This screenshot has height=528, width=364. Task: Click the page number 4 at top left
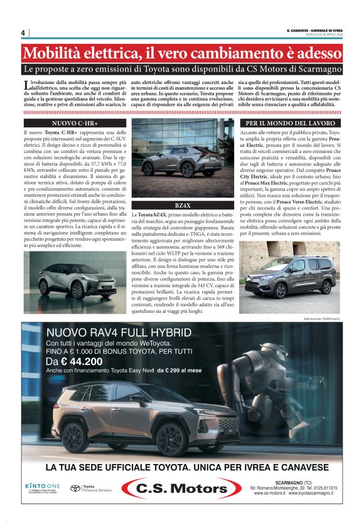[x=23, y=33]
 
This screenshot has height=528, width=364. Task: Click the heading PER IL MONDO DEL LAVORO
[x=290, y=124]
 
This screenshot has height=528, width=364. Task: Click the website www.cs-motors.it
[x=270, y=494]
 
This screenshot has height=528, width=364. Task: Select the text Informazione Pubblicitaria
[x=321, y=319]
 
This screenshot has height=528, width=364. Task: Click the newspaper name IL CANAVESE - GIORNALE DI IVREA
[x=314, y=29]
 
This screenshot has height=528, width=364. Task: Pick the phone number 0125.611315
[x=320, y=488]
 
